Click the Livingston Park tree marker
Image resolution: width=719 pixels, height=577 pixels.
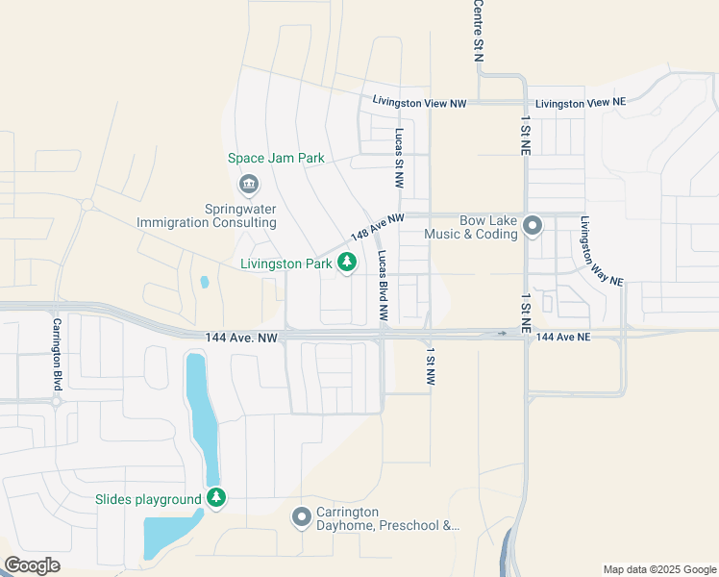(x=347, y=262)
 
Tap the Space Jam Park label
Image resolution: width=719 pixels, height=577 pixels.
(x=276, y=159)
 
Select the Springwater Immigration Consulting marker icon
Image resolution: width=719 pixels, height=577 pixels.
(x=248, y=183)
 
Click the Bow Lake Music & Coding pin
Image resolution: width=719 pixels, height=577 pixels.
(x=533, y=226)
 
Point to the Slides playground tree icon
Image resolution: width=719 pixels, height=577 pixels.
(x=217, y=498)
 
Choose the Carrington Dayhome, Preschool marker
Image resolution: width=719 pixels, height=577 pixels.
(x=301, y=518)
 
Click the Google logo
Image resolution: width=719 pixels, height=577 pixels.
(x=32, y=565)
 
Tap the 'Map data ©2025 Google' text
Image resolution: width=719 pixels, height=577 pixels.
(x=658, y=569)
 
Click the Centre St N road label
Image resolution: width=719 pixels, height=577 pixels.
(x=478, y=31)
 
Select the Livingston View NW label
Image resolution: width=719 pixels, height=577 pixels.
(x=419, y=102)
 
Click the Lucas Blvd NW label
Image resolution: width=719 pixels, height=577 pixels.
(x=383, y=286)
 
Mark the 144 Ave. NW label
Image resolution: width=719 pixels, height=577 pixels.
(x=241, y=338)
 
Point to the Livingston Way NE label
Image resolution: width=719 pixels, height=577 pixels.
(x=601, y=250)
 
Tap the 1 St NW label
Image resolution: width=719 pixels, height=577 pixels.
(x=431, y=367)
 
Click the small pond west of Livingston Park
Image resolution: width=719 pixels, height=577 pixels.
(x=204, y=283)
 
